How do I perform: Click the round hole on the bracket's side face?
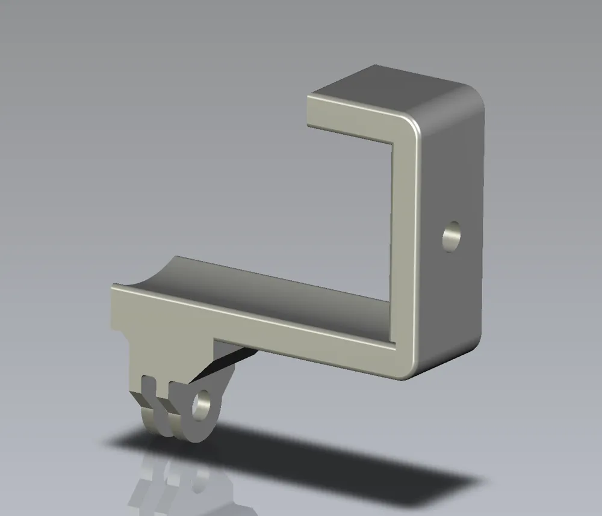451,236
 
